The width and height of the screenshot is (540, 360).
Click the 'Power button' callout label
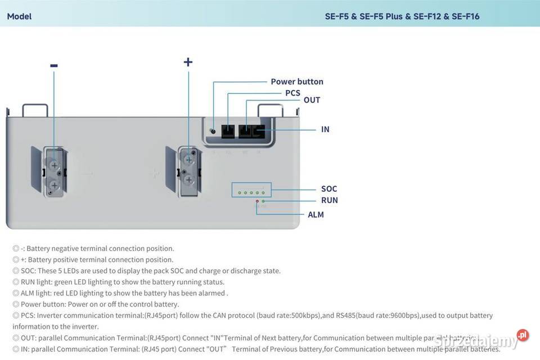click(297, 82)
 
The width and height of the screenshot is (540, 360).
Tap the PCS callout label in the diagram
click(292, 93)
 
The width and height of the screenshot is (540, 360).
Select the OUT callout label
click(312, 100)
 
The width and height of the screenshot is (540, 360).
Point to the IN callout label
click(325, 129)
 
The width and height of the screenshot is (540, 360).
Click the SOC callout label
click(329, 189)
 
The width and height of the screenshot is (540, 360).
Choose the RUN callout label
click(330, 200)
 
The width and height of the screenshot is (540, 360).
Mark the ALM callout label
click(316, 214)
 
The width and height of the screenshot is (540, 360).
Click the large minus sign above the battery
click(54, 66)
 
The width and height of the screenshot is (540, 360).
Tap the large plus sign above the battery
click(188, 62)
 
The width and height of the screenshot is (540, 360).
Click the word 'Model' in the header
click(19, 16)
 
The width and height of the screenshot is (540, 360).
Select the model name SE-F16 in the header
click(465, 16)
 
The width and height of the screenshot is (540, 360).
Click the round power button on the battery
click(213, 130)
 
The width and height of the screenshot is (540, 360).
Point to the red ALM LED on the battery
click(257, 201)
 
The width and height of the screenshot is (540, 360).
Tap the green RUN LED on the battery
click(263, 201)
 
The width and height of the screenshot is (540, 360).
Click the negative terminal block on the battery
click(54, 172)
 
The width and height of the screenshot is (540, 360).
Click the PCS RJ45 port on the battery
click(228, 130)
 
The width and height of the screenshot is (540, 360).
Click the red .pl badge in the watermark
click(523, 335)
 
